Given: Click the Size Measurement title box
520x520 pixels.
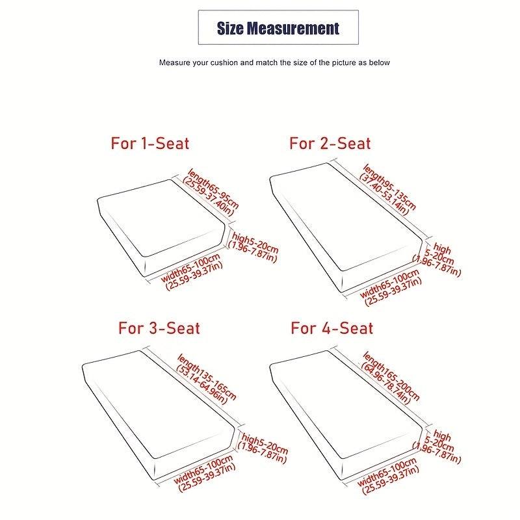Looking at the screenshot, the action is click(278, 27).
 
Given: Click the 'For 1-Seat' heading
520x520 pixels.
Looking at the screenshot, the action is click(150, 144).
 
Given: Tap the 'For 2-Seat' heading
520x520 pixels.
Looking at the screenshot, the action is click(330, 144).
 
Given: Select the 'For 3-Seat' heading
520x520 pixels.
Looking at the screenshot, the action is click(159, 328).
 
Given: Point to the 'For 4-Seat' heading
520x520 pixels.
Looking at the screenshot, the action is click(332, 328).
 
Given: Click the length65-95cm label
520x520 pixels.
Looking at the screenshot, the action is click(211, 192).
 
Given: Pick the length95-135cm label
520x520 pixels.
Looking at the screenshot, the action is click(387, 189).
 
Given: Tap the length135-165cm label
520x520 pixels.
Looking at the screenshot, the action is click(206, 379).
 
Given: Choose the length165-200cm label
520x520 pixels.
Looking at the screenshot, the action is click(391, 378).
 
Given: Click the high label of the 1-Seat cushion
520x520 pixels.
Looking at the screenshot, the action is click(253, 248).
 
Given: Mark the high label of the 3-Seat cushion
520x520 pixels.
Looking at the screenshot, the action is click(263, 448).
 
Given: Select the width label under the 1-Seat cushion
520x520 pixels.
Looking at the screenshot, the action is click(192, 272).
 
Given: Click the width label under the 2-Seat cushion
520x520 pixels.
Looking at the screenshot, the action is click(391, 287).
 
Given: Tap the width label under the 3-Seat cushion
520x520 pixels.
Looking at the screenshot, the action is click(205, 473).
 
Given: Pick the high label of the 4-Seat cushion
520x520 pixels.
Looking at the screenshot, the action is click(437, 447).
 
